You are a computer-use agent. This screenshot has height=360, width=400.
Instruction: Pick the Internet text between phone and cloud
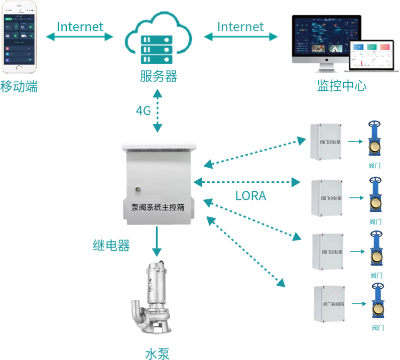point(80,27)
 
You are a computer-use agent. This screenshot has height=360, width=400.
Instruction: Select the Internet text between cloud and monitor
point(240,27)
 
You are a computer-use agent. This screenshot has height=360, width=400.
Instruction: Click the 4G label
point(143,111)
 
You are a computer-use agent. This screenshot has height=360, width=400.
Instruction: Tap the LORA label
point(250,196)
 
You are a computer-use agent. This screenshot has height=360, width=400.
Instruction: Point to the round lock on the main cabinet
point(137,189)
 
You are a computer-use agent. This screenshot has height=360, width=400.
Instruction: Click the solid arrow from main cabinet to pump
point(158,242)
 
